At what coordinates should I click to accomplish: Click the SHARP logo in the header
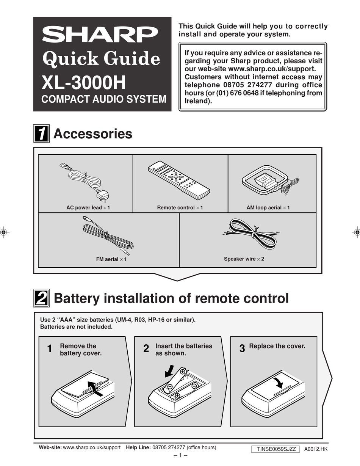[x=100, y=35]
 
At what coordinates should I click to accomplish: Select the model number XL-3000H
[x=83, y=82]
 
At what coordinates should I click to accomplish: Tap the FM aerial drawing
[x=106, y=235]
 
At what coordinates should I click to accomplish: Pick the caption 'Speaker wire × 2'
[x=244, y=259]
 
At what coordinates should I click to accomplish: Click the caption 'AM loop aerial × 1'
[x=268, y=208]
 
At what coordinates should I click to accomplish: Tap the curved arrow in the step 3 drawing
[x=279, y=382]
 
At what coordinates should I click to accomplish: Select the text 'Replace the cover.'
[x=277, y=346]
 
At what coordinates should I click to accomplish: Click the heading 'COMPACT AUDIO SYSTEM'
[x=103, y=99]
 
